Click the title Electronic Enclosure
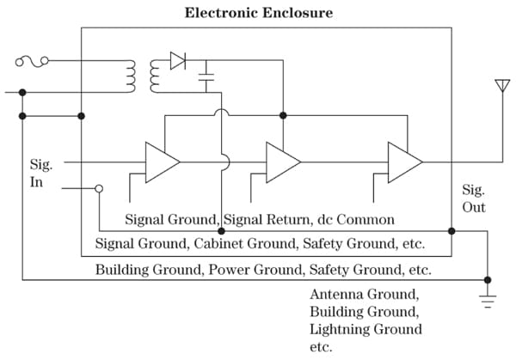259,12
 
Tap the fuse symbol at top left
32,60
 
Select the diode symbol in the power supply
178,60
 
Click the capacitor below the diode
206,82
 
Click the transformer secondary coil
157,76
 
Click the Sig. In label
41,173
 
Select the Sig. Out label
474,198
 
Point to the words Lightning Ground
365,329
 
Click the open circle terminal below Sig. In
99,188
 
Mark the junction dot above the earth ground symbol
488,280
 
